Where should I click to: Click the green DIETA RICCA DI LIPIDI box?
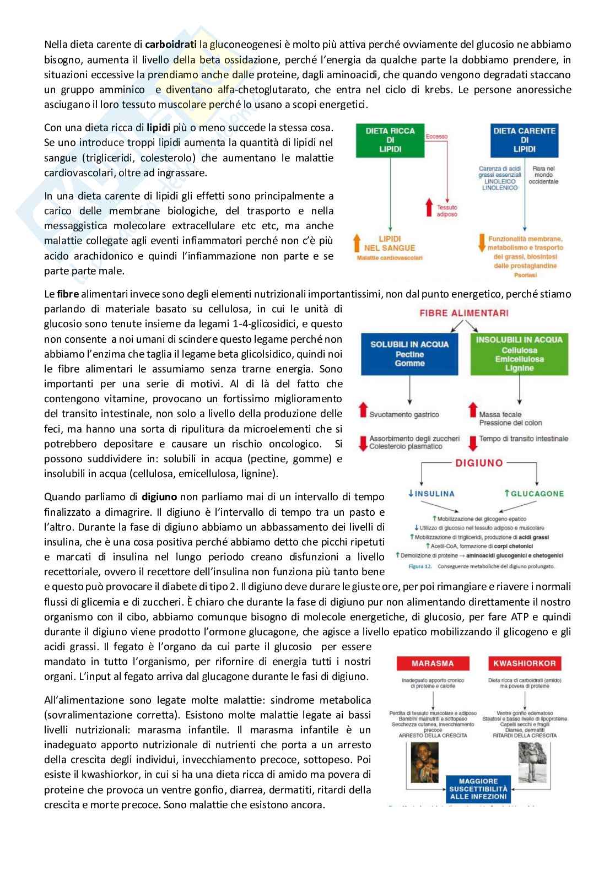tap(390, 140)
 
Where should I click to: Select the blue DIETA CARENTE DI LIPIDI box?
tap(524, 140)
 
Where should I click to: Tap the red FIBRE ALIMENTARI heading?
tap(464, 313)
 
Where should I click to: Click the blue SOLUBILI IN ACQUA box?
tap(409, 354)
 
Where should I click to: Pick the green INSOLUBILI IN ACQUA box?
tap(519, 354)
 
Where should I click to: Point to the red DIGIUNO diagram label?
tap(479, 463)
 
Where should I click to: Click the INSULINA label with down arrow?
tap(431, 494)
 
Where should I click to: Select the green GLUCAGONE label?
tap(534, 494)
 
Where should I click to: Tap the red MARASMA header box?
tap(433, 663)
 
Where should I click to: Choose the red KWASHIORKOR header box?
tap(524, 663)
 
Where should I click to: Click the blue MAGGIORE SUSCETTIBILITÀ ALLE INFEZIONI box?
tap(478, 789)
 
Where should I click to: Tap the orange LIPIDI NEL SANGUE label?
tap(390, 244)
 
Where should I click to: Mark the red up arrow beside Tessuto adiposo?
tap(430, 208)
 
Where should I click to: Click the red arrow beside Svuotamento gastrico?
tap(363, 410)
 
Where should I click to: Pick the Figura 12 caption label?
tap(420, 566)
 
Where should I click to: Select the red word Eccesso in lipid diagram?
tap(436, 136)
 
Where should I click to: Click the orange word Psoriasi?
tap(525, 274)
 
